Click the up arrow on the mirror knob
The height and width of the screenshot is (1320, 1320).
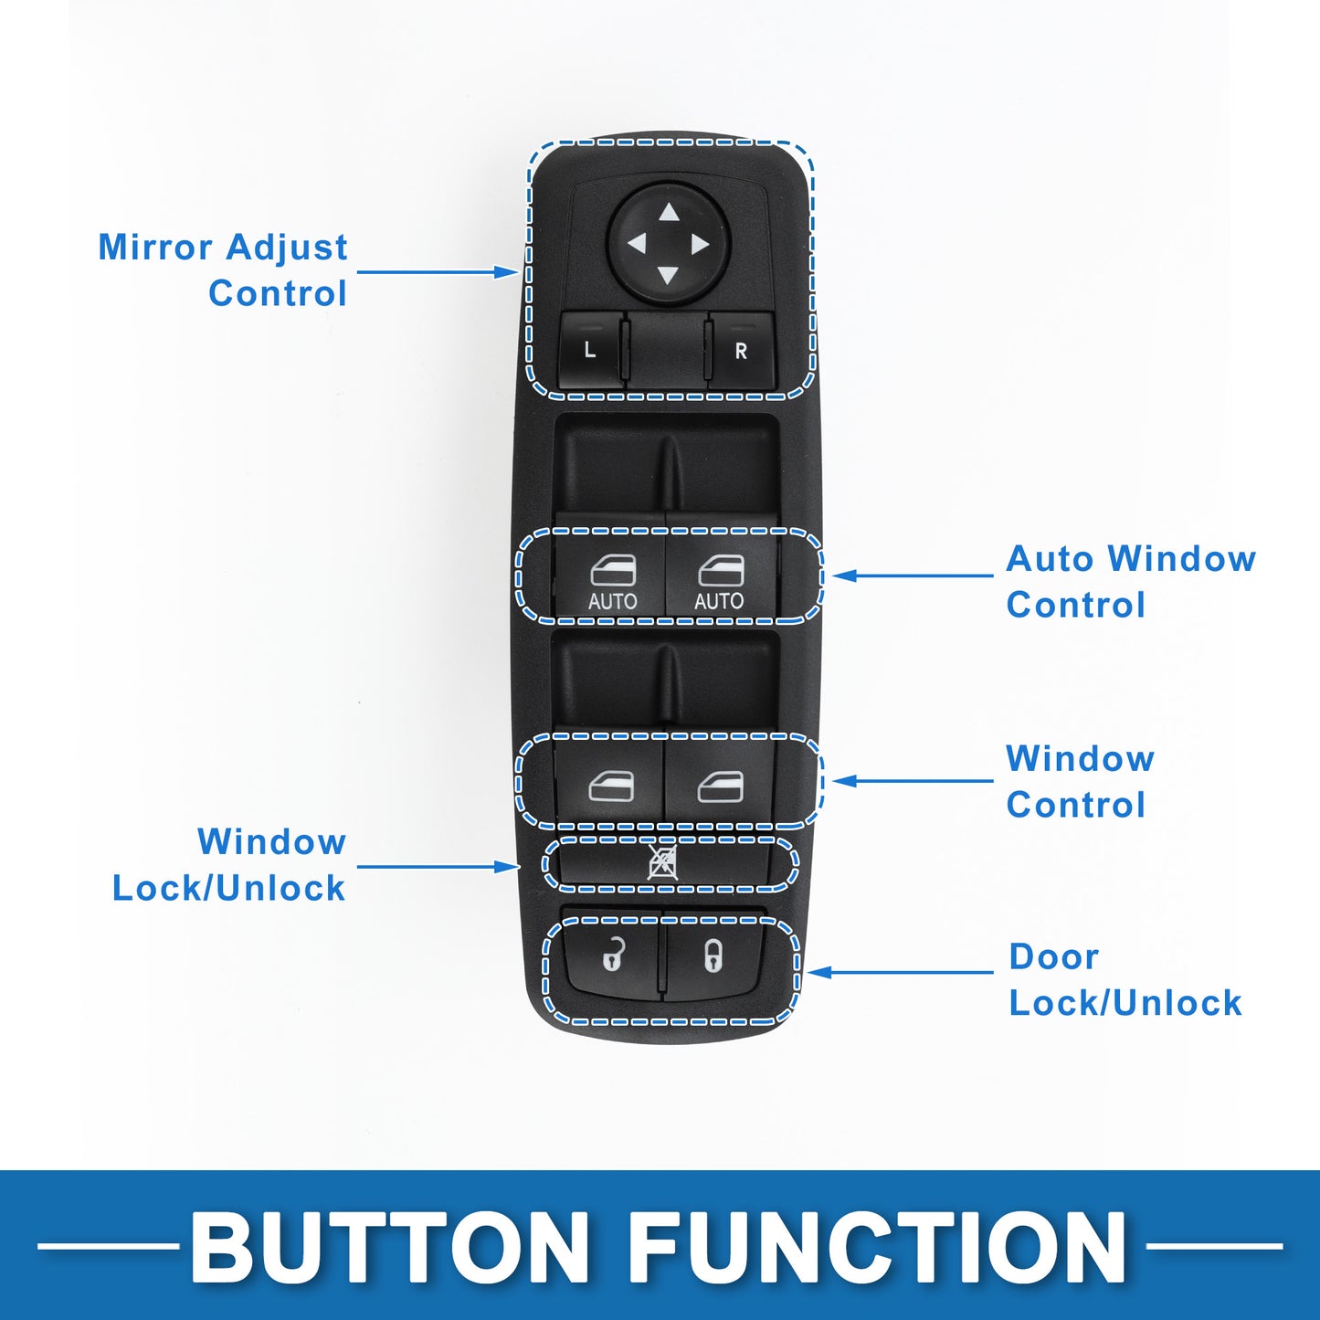coord(669,212)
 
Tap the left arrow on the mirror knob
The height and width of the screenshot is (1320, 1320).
coord(637,243)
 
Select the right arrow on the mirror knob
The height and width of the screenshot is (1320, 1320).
coord(700,245)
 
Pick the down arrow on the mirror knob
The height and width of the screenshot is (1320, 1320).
coord(667,275)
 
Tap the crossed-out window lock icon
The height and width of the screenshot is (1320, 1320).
coord(663,863)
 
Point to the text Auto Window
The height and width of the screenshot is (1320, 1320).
coord(1131,558)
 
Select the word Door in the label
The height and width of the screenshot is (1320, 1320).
coord(1053,956)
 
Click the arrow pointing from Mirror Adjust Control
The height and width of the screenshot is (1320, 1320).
coord(438,272)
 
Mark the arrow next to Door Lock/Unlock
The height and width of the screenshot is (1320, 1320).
coord(900,972)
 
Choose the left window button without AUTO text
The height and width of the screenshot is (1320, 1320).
coord(609,784)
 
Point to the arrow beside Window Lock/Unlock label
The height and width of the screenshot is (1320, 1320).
coord(438,867)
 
